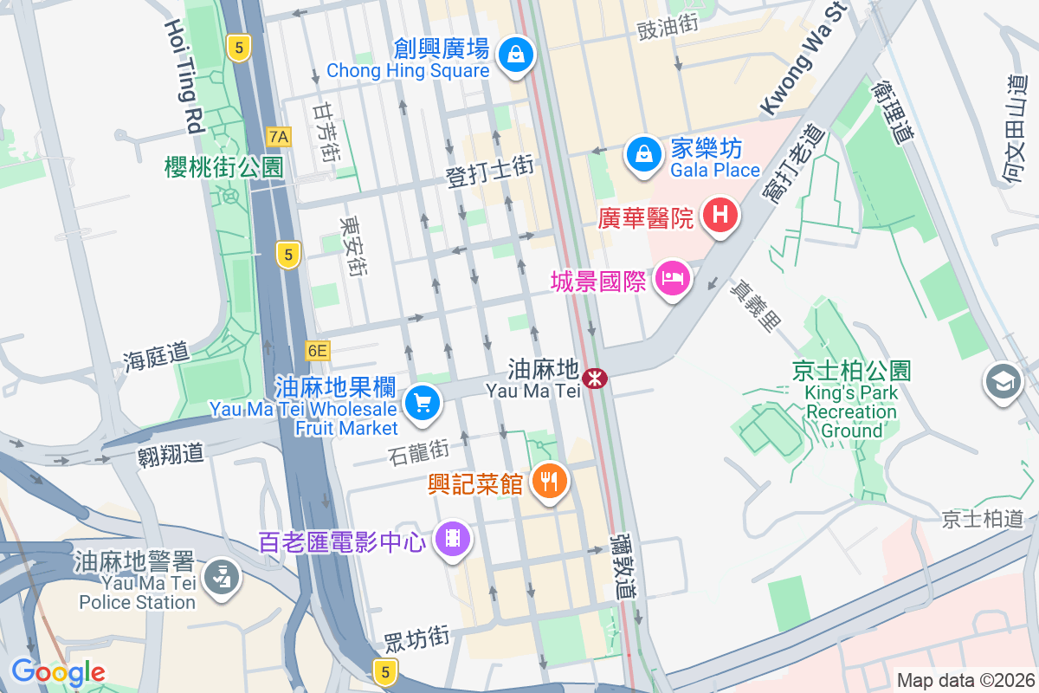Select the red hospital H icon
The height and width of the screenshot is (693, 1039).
tap(720, 213)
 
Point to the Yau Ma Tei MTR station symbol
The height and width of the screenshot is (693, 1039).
tap(595, 378)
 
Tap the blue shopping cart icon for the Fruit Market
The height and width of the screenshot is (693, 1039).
tap(422, 402)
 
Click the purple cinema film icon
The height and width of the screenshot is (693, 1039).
tap(452, 539)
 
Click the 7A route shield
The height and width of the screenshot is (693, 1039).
tap(279, 136)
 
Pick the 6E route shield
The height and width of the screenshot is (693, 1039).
tap(318, 350)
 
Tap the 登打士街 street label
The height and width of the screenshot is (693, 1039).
tap(489, 168)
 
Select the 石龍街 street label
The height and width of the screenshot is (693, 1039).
tap(418, 450)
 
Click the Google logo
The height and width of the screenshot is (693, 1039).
tap(58, 671)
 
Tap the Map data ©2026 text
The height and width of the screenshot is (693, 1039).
tap(965, 680)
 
